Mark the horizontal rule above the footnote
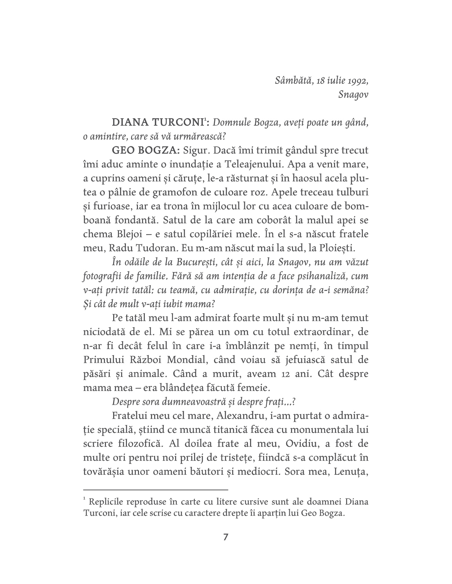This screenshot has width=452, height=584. click(156, 489)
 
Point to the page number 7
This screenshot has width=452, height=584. click(226, 537)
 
